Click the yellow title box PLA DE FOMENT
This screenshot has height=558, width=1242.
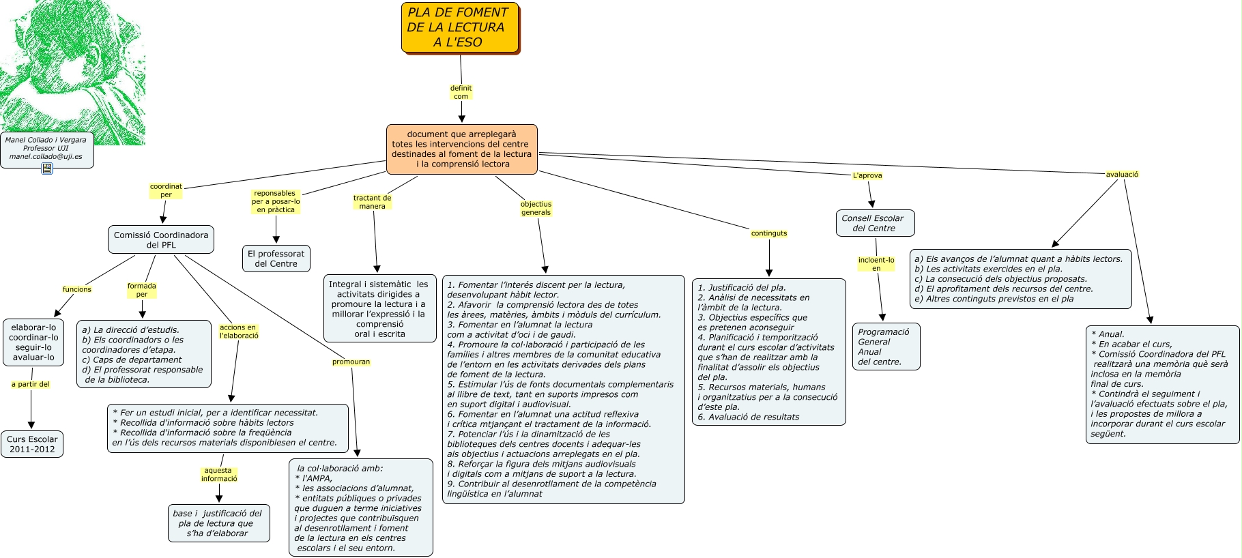(460, 28)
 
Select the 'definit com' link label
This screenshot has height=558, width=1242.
(461, 93)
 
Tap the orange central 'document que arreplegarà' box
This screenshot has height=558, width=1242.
(461, 149)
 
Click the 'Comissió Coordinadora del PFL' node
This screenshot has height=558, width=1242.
(161, 240)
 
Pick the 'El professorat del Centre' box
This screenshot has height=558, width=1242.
(276, 259)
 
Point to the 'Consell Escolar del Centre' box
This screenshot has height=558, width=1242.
(874, 223)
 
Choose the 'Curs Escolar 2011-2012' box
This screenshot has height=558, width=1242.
(32, 444)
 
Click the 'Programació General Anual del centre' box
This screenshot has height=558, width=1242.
(885, 347)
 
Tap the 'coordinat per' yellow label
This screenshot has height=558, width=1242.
(166, 191)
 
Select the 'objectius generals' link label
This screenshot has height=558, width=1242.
(536, 209)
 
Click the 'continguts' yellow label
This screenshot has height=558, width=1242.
(769, 233)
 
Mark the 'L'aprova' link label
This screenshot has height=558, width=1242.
(867, 175)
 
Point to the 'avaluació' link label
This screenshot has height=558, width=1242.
(1122, 175)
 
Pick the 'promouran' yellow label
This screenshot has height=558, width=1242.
(351, 362)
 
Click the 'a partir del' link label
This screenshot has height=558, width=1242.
(31, 385)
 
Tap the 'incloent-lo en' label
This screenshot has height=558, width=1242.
(876, 264)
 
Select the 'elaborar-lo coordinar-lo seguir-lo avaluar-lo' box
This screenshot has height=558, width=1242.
(33, 342)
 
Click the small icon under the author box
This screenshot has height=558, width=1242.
(47, 168)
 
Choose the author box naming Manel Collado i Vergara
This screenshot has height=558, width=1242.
(46, 149)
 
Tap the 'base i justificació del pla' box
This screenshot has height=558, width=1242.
(218, 523)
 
